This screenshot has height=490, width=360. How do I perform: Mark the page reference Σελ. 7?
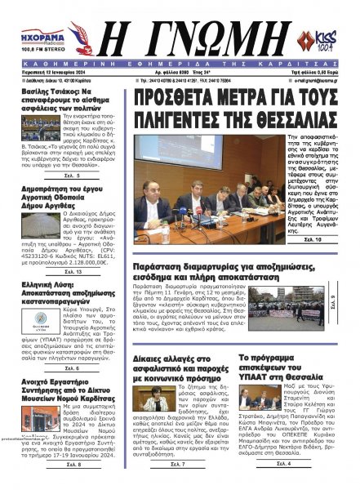[x=177, y=464]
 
